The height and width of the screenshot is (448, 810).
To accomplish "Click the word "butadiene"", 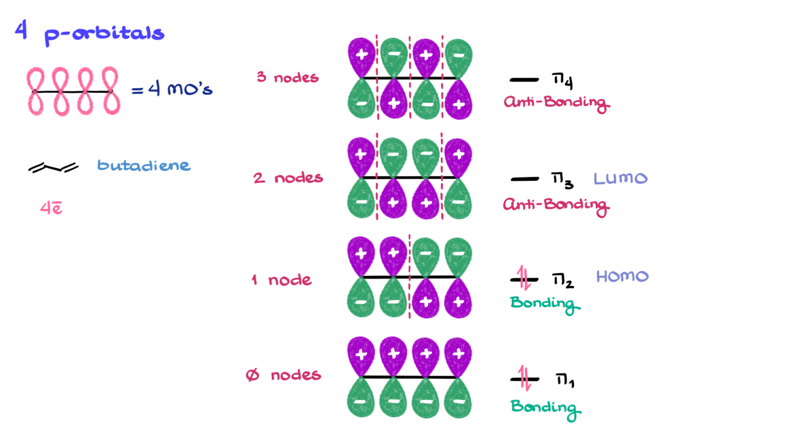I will click(x=143, y=165).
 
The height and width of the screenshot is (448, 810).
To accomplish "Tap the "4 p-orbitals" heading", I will click(x=90, y=33).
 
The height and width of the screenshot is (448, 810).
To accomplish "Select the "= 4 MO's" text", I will click(x=171, y=90).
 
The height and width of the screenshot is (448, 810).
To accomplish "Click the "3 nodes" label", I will click(x=287, y=77).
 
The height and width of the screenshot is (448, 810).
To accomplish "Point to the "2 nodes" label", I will click(x=287, y=178).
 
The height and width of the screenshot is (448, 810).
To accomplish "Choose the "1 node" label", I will click(x=282, y=280).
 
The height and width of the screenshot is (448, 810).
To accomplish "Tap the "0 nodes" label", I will click(x=284, y=375).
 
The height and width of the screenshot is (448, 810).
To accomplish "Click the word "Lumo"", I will click(x=620, y=178).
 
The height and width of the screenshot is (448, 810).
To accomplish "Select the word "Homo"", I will click(x=622, y=276).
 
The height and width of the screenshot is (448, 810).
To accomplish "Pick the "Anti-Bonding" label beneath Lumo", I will click(x=554, y=206).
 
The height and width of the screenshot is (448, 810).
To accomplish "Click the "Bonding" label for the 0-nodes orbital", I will click(x=545, y=408).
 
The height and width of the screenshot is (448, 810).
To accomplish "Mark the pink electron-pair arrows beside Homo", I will click(x=523, y=278).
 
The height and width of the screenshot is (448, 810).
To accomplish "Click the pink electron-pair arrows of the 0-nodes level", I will click(x=523, y=377).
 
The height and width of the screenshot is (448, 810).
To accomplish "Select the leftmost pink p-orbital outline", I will click(x=35, y=91).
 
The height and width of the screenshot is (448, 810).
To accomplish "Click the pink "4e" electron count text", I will click(x=51, y=210).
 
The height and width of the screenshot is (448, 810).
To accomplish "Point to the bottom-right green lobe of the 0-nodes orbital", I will click(x=458, y=400).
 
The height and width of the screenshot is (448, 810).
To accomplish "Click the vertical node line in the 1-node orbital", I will click(x=410, y=277).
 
